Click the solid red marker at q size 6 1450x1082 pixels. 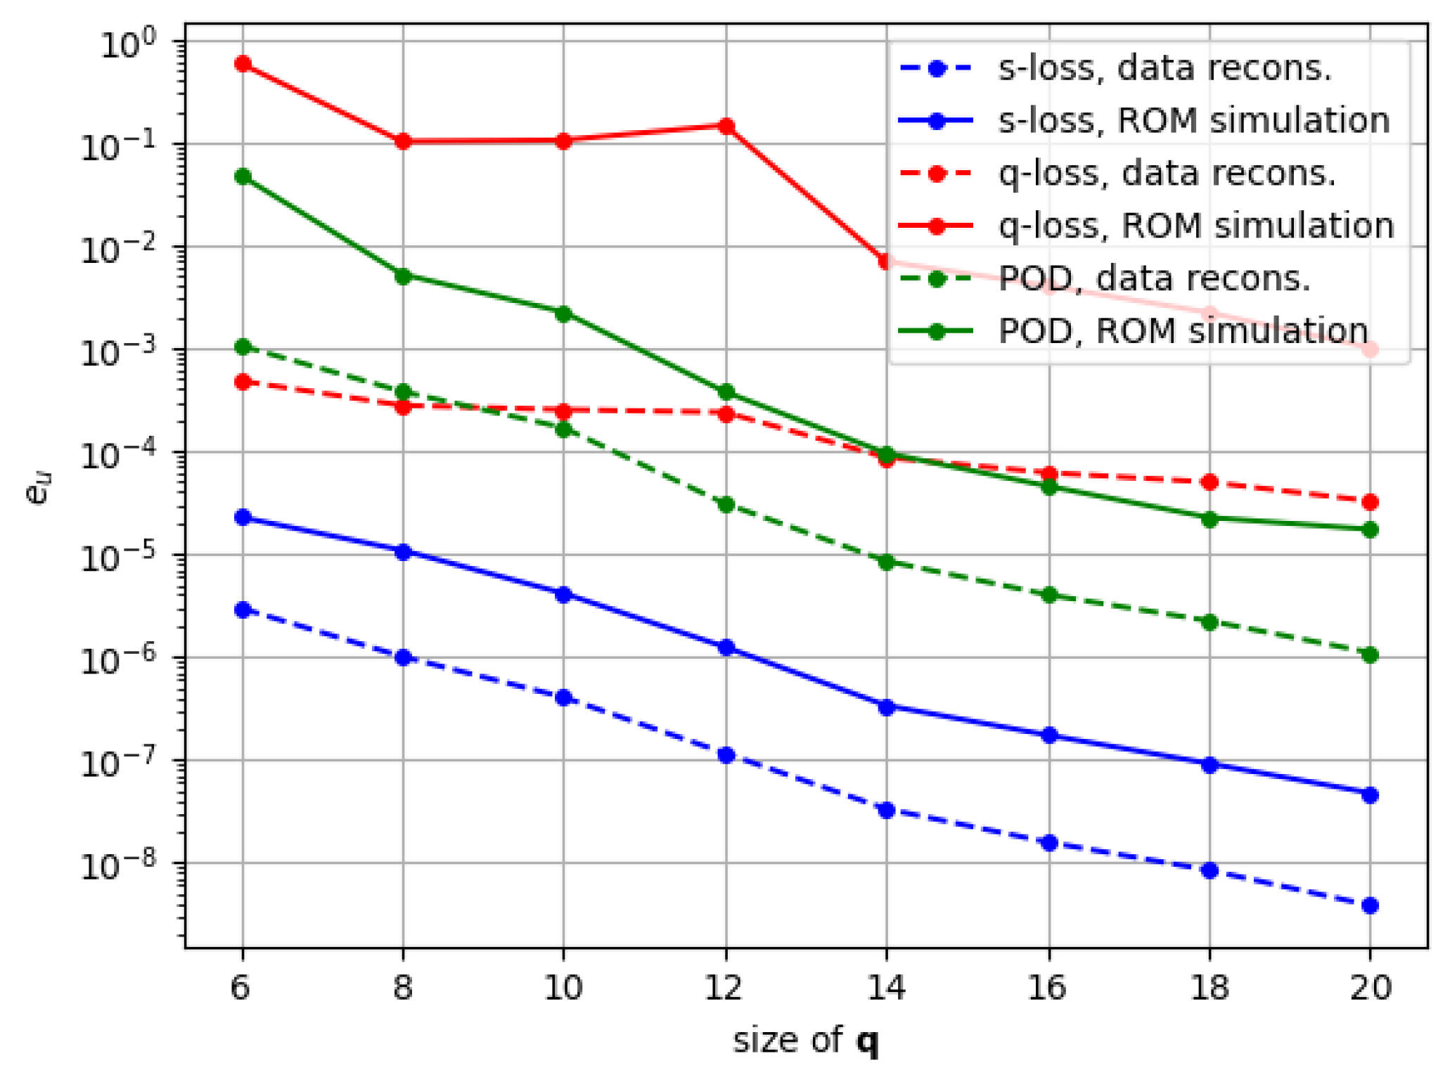pyautogui.click(x=243, y=64)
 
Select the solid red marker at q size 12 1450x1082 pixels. pyautogui.click(x=726, y=126)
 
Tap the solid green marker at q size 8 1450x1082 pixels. pyautogui.click(x=403, y=276)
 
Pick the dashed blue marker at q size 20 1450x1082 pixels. pyautogui.click(x=1370, y=906)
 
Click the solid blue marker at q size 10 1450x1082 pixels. pyautogui.click(x=563, y=595)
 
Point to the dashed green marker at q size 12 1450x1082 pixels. pyautogui.click(x=726, y=505)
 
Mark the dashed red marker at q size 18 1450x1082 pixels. pyautogui.click(x=1210, y=482)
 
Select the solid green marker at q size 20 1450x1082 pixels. pyautogui.click(x=1370, y=529)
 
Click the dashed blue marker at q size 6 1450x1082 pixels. pyautogui.click(x=243, y=610)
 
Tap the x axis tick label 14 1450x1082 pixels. pyautogui.click(x=885, y=988)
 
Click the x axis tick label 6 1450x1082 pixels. pyautogui.click(x=240, y=988)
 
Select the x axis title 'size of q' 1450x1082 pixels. pyautogui.click(x=805, y=1041)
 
